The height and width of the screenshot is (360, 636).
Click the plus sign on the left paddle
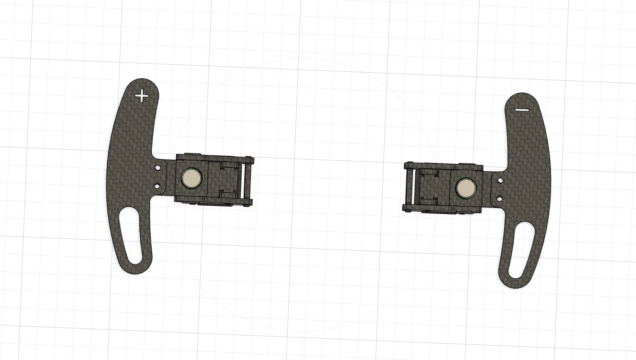[x=142, y=96]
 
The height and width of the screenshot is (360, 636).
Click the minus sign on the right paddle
[x=522, y=110]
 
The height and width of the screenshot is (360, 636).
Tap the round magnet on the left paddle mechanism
[x=192, y=178]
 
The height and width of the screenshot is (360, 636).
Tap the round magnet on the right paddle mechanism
[x=466, y=188]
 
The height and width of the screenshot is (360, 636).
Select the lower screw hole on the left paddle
[x=157, y=185]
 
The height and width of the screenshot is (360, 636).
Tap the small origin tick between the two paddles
[x=302, y=194]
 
